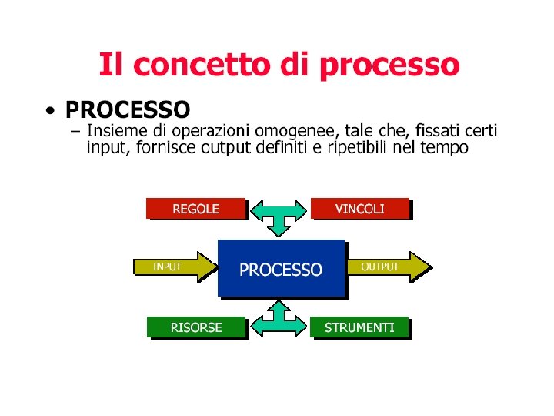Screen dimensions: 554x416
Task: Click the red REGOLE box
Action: (x=195, y=209)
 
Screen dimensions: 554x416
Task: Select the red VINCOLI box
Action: (x=360, y=209)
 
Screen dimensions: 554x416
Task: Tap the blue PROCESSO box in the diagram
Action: (x=281, y=269)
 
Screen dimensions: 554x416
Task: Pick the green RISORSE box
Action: (x=196, y=327)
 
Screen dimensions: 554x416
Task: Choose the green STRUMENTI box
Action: (x=359, y=327)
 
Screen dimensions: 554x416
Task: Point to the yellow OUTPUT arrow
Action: (x=385, y=267)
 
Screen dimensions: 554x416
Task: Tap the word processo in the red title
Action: (x=389, y=66)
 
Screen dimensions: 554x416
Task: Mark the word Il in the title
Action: (x=109, y=65)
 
